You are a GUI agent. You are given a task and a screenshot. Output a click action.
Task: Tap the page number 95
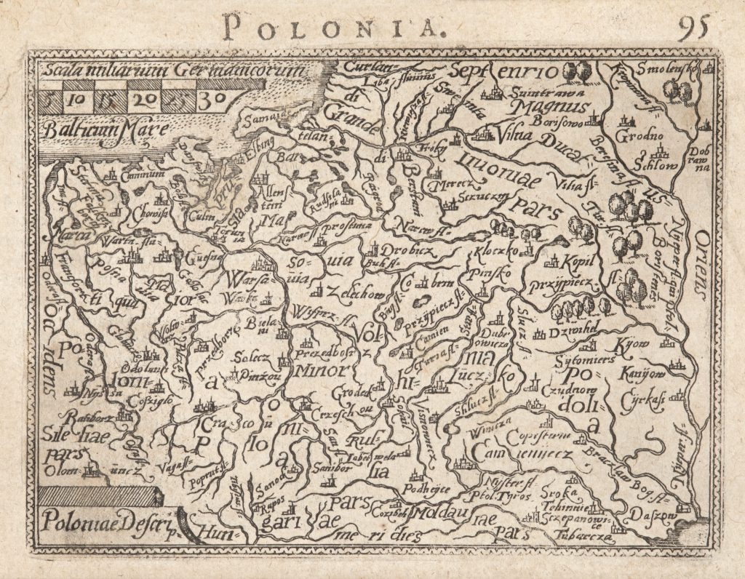697,28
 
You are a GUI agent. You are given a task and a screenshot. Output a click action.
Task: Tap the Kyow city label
632,343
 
